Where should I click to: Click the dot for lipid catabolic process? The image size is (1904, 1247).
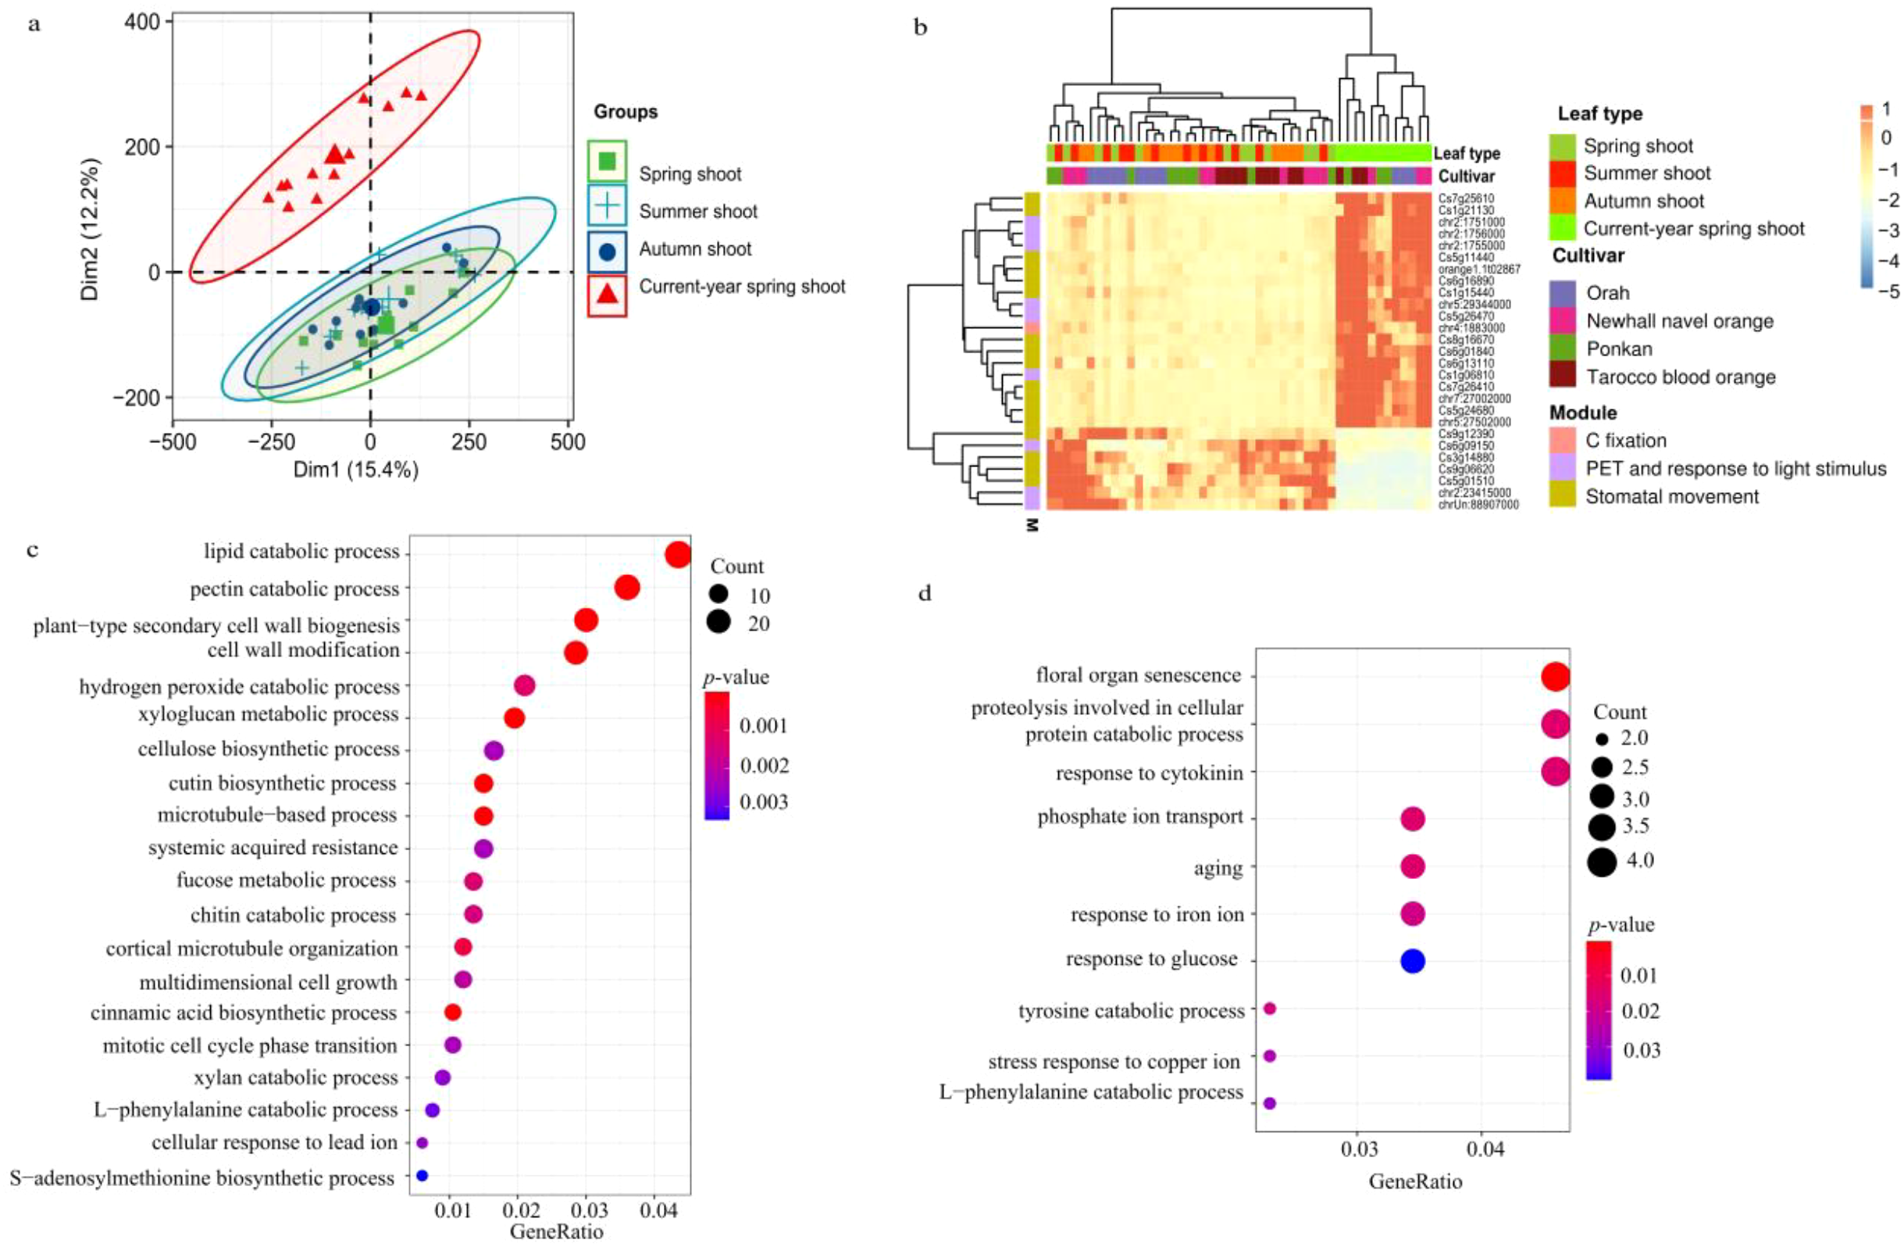coord(678,555)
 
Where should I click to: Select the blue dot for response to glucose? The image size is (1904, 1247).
coord(1413,960)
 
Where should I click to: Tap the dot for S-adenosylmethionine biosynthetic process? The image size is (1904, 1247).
coord(423,1176)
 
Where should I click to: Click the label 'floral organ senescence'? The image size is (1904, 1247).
coord(1138,676)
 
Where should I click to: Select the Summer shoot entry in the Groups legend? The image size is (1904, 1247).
coord(697,211)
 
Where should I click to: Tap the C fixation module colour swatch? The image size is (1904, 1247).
coord(1563,439)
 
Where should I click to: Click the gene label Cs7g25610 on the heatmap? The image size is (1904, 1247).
coord(1466,198)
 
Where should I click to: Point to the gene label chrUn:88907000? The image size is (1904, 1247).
coord(1478,505)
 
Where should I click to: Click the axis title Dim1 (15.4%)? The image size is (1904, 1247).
coord(355,470)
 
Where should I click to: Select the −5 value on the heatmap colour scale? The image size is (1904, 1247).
coord(1890,291)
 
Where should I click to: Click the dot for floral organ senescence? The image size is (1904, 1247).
coord(1555,677)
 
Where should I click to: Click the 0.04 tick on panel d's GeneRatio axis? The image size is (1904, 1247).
coord(1485,1150)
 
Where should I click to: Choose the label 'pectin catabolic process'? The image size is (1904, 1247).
coord(294,590)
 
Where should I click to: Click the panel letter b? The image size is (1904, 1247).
coord(921,28)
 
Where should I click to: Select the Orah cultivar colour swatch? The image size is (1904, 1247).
coord(1563,292)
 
